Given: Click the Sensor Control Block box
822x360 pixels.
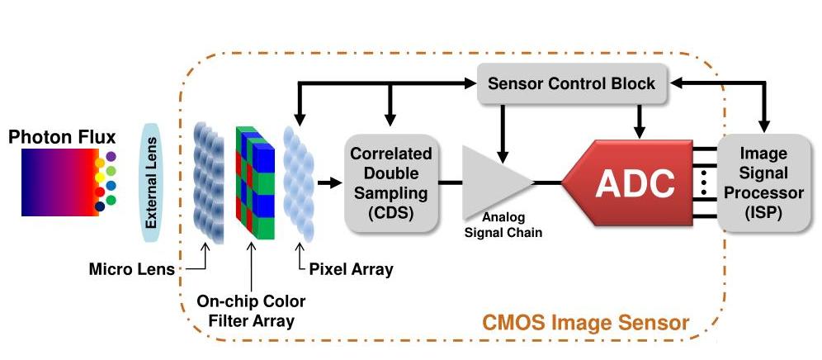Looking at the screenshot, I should (571, 83).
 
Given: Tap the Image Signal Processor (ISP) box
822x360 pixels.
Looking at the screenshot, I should (763, 184).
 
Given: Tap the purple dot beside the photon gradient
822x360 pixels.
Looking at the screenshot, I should (111, 156).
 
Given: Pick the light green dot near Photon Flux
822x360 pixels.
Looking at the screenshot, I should (111, 200).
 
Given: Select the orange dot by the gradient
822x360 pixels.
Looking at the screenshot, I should (100, 163).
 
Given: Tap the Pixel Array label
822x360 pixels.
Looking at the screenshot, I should (351, 268).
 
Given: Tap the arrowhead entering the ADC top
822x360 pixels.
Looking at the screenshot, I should (637, 133).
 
